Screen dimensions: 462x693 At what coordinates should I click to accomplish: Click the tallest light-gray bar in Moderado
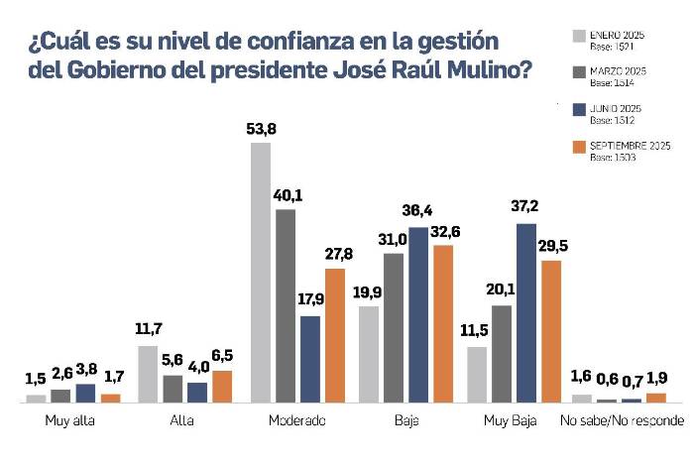coord(260,273)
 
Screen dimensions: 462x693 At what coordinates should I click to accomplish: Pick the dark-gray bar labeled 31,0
coord(394,327)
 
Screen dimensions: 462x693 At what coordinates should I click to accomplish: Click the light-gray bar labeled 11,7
coord(148,374)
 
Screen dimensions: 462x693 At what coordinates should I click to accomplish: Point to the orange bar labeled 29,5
coord(551,331)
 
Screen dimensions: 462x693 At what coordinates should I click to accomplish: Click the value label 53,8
coord(260,129)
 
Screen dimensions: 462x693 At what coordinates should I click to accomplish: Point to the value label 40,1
coord(286,194)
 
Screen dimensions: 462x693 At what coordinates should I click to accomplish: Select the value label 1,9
coord(656,379)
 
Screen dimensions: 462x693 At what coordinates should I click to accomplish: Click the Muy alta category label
coord(69,421)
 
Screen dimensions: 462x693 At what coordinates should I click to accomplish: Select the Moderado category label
coord(296,421)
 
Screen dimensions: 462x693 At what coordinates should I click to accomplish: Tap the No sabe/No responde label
coord(622,421)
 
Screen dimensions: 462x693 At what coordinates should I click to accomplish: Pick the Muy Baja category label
coord(510,421)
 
